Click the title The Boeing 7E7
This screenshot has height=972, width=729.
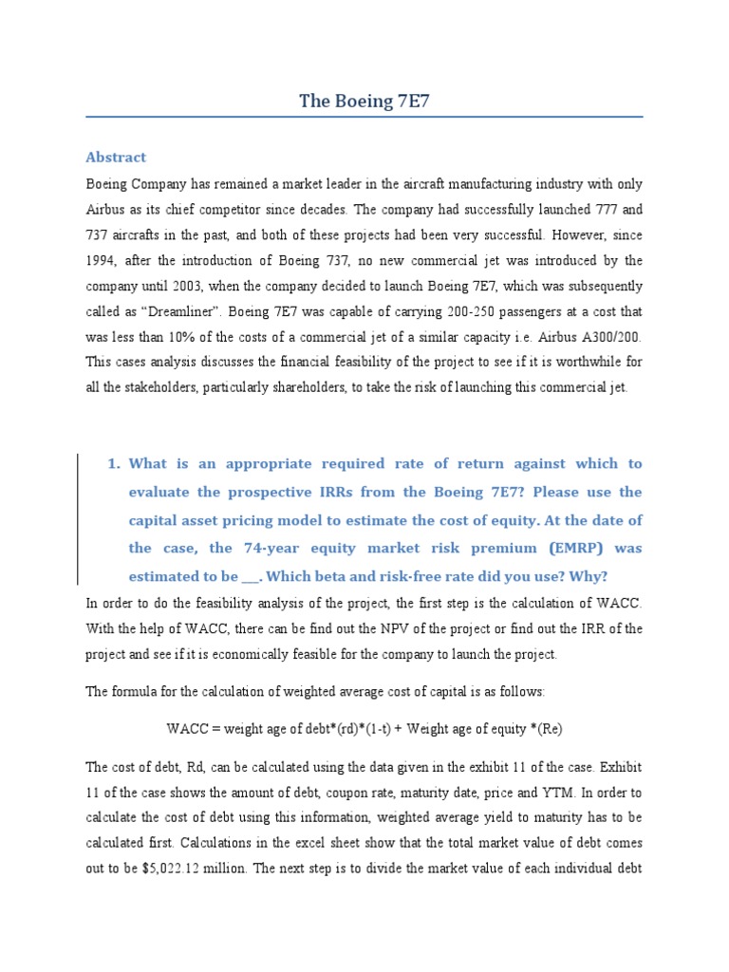(x=364, y=102)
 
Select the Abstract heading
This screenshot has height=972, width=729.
(x=116, y=157)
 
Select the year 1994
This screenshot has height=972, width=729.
(x=103, y=260)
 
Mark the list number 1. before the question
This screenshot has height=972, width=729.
(x=113, y=463)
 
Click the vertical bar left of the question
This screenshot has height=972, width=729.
(x=78, y=519)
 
